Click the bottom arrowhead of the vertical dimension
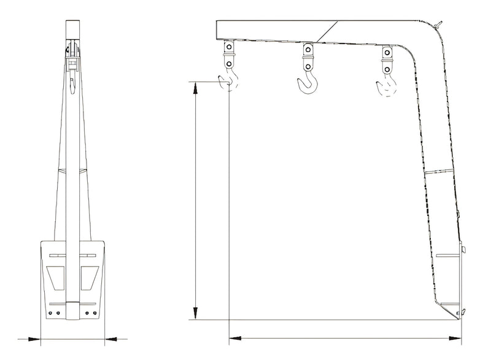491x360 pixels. (x=196, y=316)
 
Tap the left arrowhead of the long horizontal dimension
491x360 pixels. (x=233, y=338)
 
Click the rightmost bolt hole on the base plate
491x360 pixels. (x=95, y=313)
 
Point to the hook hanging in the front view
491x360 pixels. (x=72, y=86)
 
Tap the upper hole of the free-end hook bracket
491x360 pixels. (x=229, y=47)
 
